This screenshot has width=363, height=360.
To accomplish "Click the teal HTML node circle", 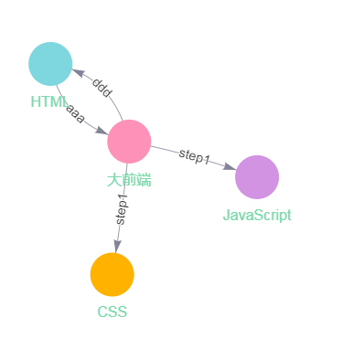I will [x=50, y=63].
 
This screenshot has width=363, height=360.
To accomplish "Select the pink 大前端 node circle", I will [x=129, y=142].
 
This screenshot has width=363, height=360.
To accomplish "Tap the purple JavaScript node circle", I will [x=257, y=176].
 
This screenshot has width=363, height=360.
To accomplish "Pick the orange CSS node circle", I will [x=112, y=274].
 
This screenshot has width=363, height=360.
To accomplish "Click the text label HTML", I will [x=48, y=101].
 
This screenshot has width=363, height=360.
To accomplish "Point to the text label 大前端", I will [x=129, y=180].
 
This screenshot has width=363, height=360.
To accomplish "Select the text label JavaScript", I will [x=257, y=216].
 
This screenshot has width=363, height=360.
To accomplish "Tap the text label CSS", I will [x=112, y=312].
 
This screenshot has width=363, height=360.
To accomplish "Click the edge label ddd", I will [x=101, y=88].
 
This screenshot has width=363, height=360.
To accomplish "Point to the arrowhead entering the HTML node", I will [x=77, y=72].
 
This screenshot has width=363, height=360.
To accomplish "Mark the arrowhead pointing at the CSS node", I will [x=116, y=246].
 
